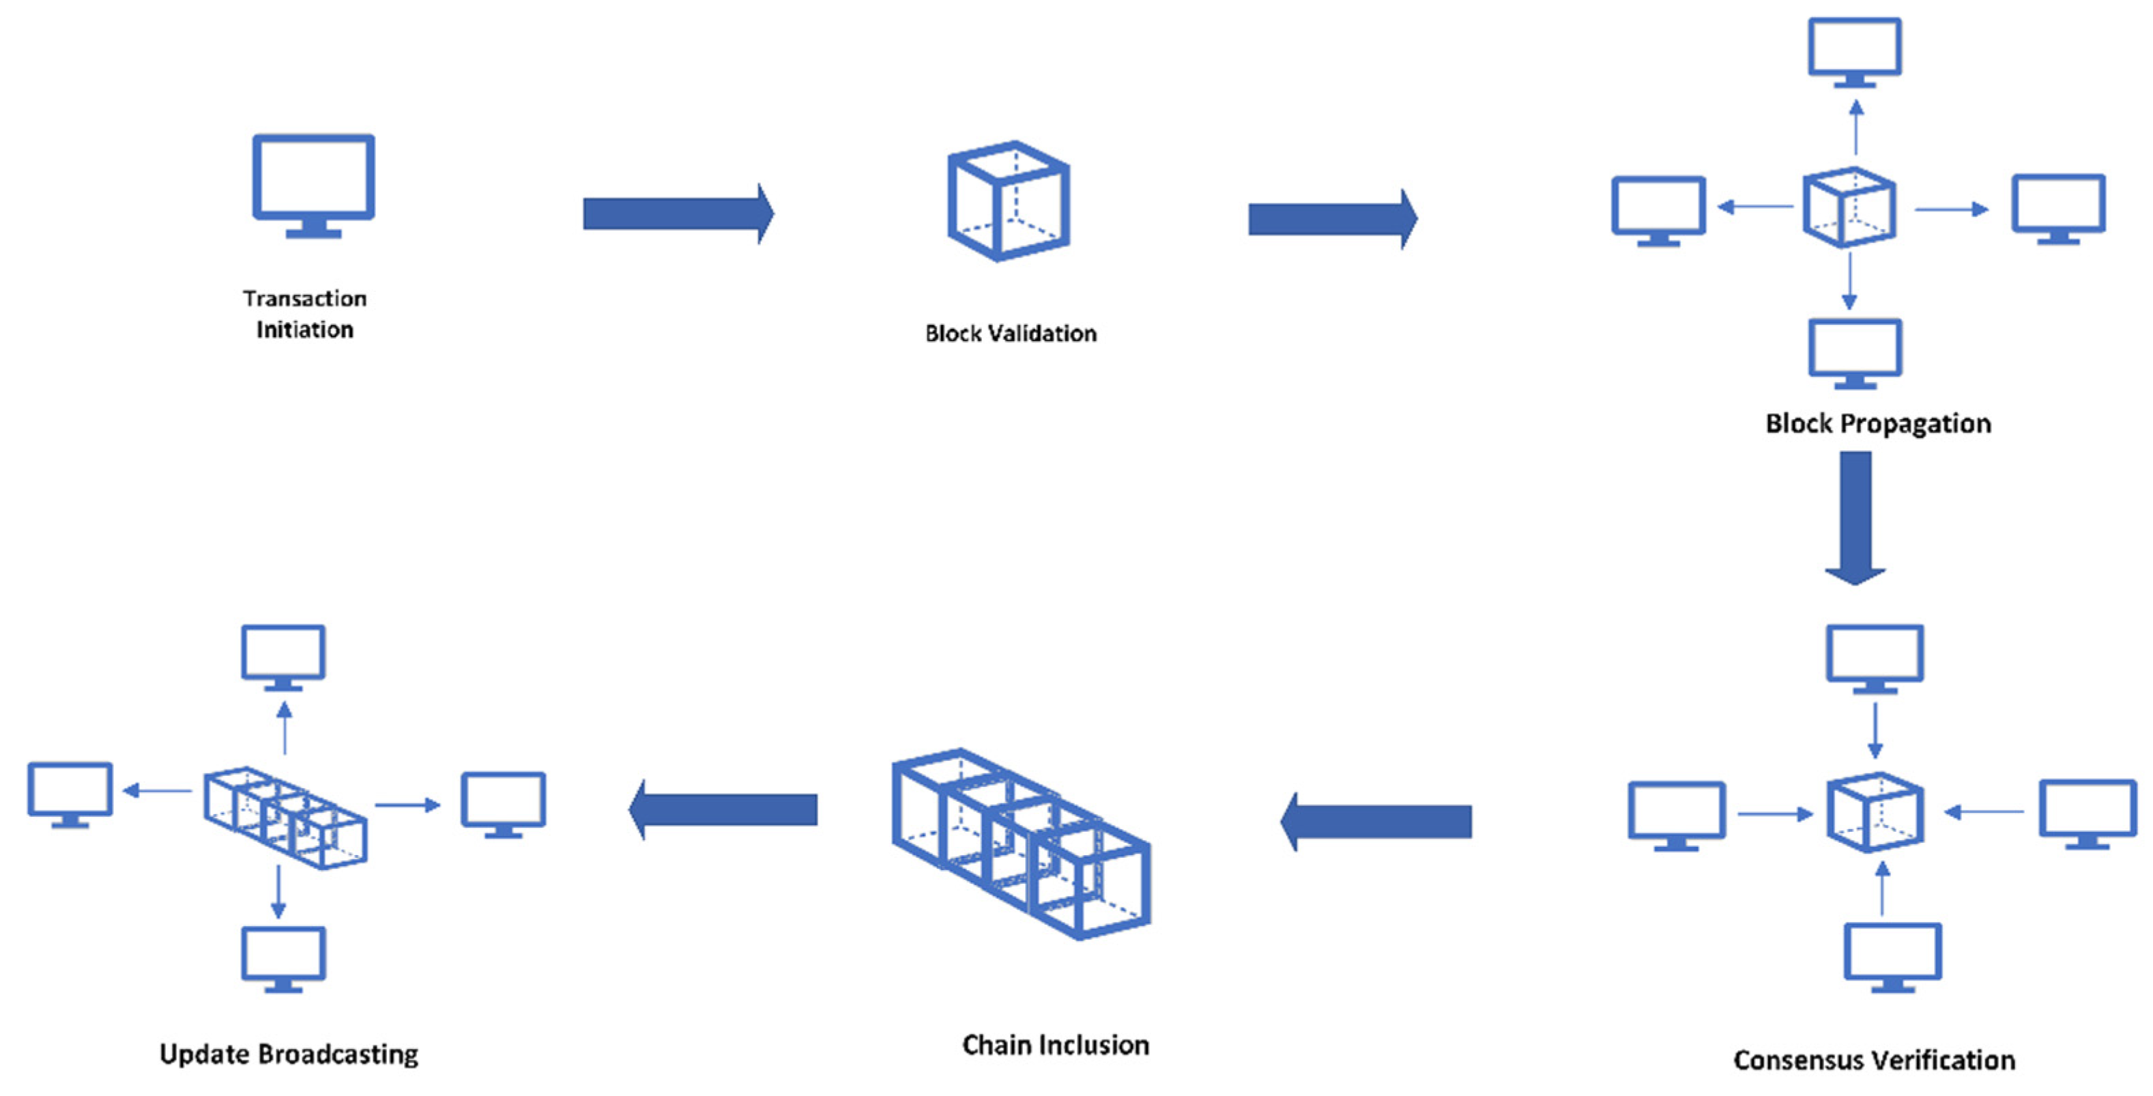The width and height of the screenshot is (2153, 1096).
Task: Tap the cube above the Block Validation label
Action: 1009,201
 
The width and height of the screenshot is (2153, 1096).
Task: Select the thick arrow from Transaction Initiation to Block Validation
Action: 677,214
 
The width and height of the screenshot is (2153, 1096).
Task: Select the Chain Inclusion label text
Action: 1056,1045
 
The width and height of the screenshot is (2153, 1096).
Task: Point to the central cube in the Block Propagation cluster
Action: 1848,207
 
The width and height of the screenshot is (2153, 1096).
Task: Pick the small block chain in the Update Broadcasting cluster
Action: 285,818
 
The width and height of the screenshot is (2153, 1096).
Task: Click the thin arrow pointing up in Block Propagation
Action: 1856,127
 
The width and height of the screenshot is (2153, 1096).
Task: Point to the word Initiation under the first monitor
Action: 304,330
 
